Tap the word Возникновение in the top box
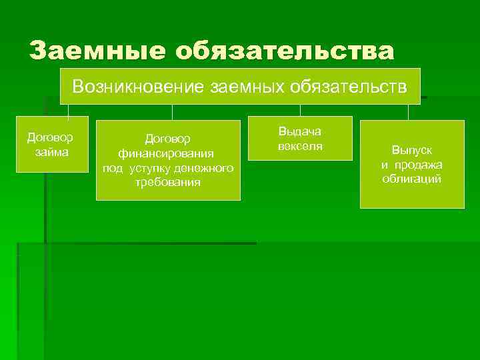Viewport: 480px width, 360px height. pyautogui.click(x=138, y=86)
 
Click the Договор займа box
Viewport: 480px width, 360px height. pyautogui.click(x=50, y=145)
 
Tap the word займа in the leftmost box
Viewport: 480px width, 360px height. pyautogui.click(x=50, y=152)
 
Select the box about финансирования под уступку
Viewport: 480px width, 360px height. pyautogui.click(x=167, y=160)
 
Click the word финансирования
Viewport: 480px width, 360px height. pyautogui.click(x=167, y=153)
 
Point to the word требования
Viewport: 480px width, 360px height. pyautogui.click(x=167, y=182)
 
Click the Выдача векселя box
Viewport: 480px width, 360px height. pyautogui.click(x=300, y=139)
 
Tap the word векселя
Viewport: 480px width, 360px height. pyautogui.click(x=300, y=146)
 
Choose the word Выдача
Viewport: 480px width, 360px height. pyautogui.click(x=300, y=132)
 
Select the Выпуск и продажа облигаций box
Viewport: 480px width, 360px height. pyautogui.click(x=412, y=164)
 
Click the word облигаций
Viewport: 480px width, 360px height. pyautogui.click(x=412, y=179)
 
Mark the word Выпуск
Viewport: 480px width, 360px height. pyautogui.click(x=412, y=150)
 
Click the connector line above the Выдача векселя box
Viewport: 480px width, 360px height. pyautogui.click(x=300, y=111)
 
